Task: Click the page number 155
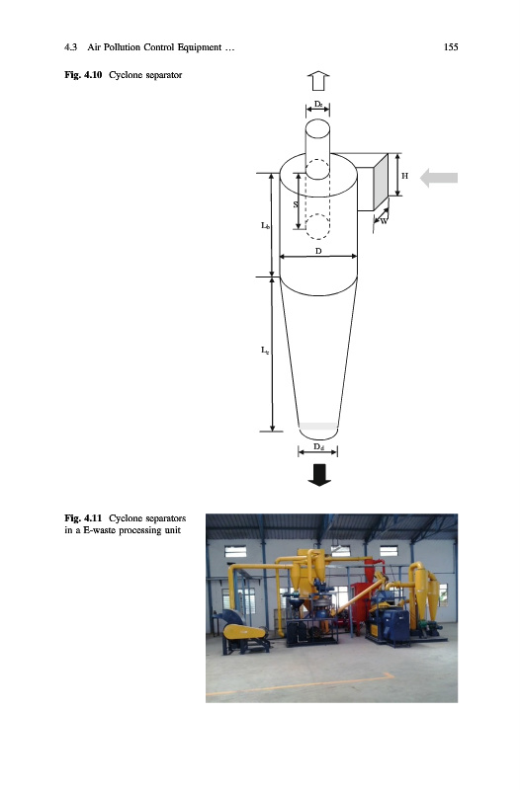pos(451,46)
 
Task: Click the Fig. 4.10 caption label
pos(83,75)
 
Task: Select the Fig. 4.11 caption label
pos(83,517)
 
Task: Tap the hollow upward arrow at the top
pos(318,81)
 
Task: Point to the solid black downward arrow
pos(319,475)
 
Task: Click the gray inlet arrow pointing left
pos(439,178)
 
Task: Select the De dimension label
pos(318,104)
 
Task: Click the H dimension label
pos(404,176)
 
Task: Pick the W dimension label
pos(384,220)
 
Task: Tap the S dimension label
pos(296,204)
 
